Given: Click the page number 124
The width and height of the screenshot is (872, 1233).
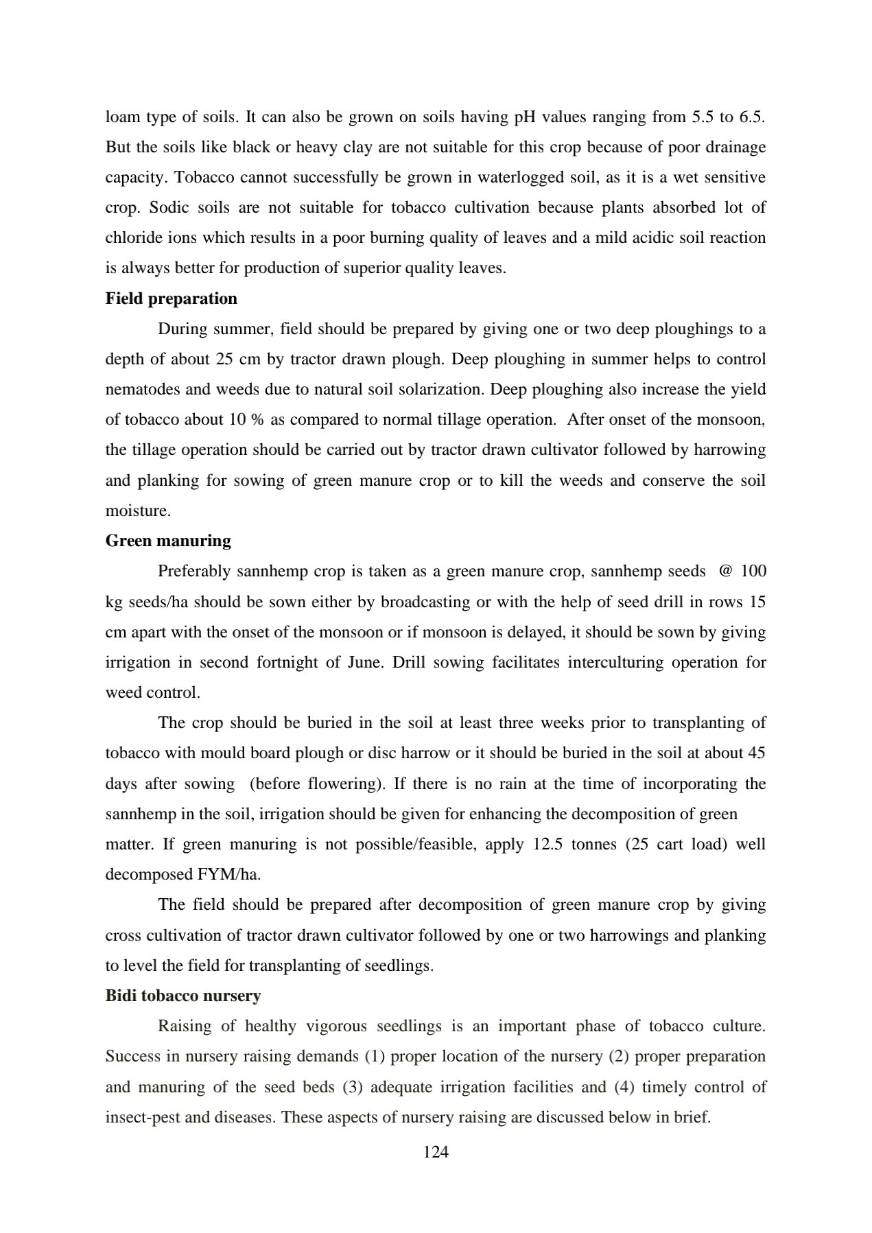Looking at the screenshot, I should pos(436,1152).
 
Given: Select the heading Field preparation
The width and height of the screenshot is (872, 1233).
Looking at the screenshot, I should pos(171,298).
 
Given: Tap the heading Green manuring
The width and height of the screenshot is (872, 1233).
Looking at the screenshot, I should pos(168,541).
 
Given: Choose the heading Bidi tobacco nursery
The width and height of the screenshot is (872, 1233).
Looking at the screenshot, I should pos(182,996).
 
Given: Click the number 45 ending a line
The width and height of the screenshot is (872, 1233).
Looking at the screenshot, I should pos(756,753).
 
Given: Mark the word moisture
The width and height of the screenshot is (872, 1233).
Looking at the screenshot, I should pos(137,511).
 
